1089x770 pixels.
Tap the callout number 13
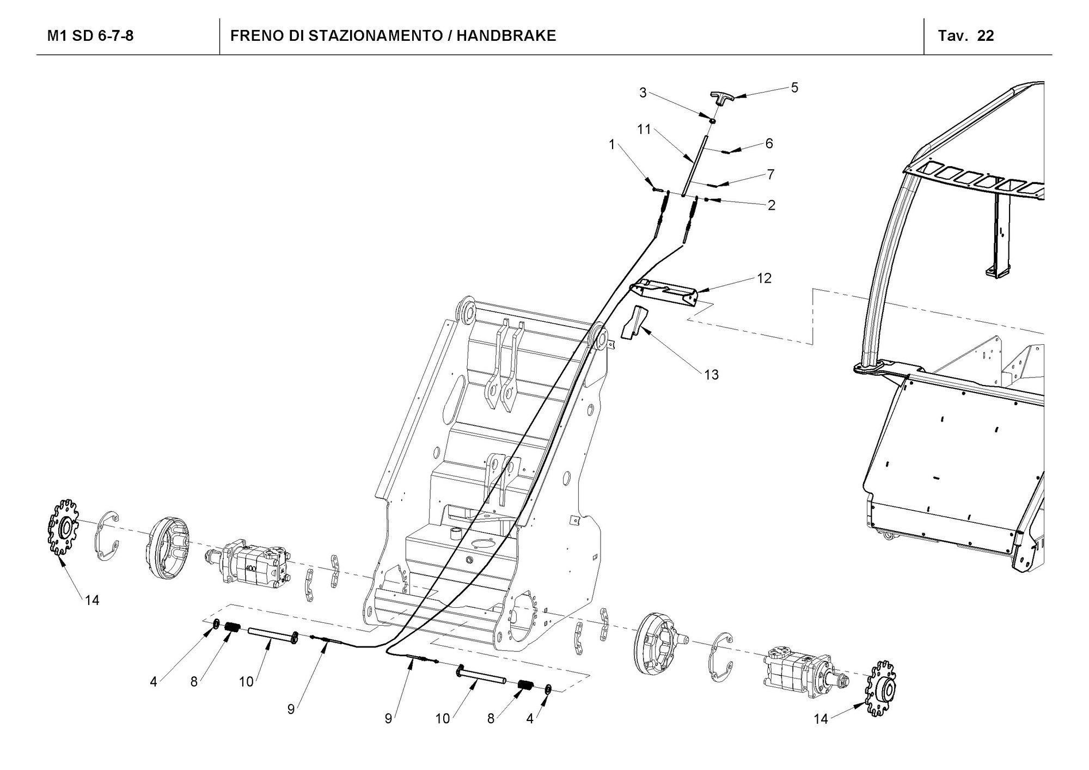pyautogui.click(x=711, y=375)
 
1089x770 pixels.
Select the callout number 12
pyautogui.click(x=764, y=278)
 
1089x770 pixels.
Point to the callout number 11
pyautogui.click(x=644, y=130)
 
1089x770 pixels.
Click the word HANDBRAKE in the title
pyautogui.click(x=506, y=36)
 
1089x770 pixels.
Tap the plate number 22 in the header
pyautogui.click(x=986, y=36)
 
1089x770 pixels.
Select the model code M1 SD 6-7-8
pyautogui.click(x=90, y=36)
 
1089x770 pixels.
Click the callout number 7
pyautogui.click(x=770, y=174)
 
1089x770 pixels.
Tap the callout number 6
pyautogui.click(x=769, y=143)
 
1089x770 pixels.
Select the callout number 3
pyautogui.click(x=643, y=93)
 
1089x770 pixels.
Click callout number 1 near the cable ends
pyautogui.click(x=612, y=144)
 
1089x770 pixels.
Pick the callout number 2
pyautogui.click(x=771, y=205)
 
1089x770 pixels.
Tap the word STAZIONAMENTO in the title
pyautogui.click(x=375, y=36)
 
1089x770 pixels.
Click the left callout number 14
pyautogui.click(x=91, y=600)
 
